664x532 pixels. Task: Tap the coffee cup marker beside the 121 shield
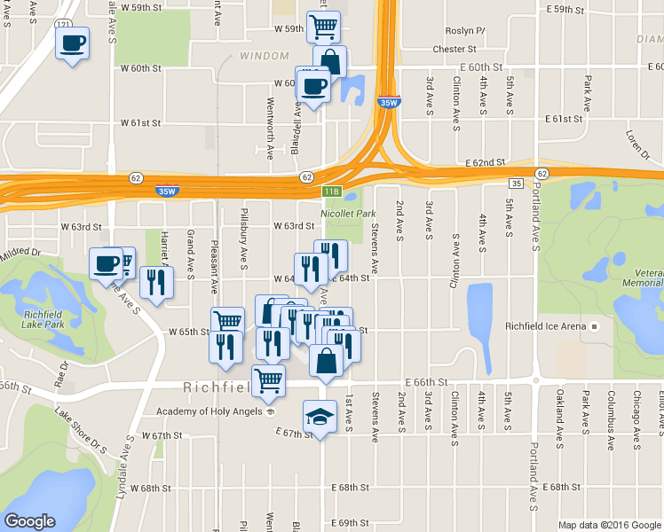pos(73,42)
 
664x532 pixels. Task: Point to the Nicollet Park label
pos(348,214)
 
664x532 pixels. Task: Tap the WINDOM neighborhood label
pos(258,57)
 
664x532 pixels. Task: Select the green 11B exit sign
pos(331,191)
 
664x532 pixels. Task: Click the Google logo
pos(29,521)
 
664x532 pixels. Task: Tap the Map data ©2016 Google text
pos(610,525)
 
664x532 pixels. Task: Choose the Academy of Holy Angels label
pos(210,411)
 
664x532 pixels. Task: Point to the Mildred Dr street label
pos(20,253)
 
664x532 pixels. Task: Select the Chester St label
pos(455,50)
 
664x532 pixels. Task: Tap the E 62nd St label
pos(485,163)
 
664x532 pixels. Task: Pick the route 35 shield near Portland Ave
pos(516,183)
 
